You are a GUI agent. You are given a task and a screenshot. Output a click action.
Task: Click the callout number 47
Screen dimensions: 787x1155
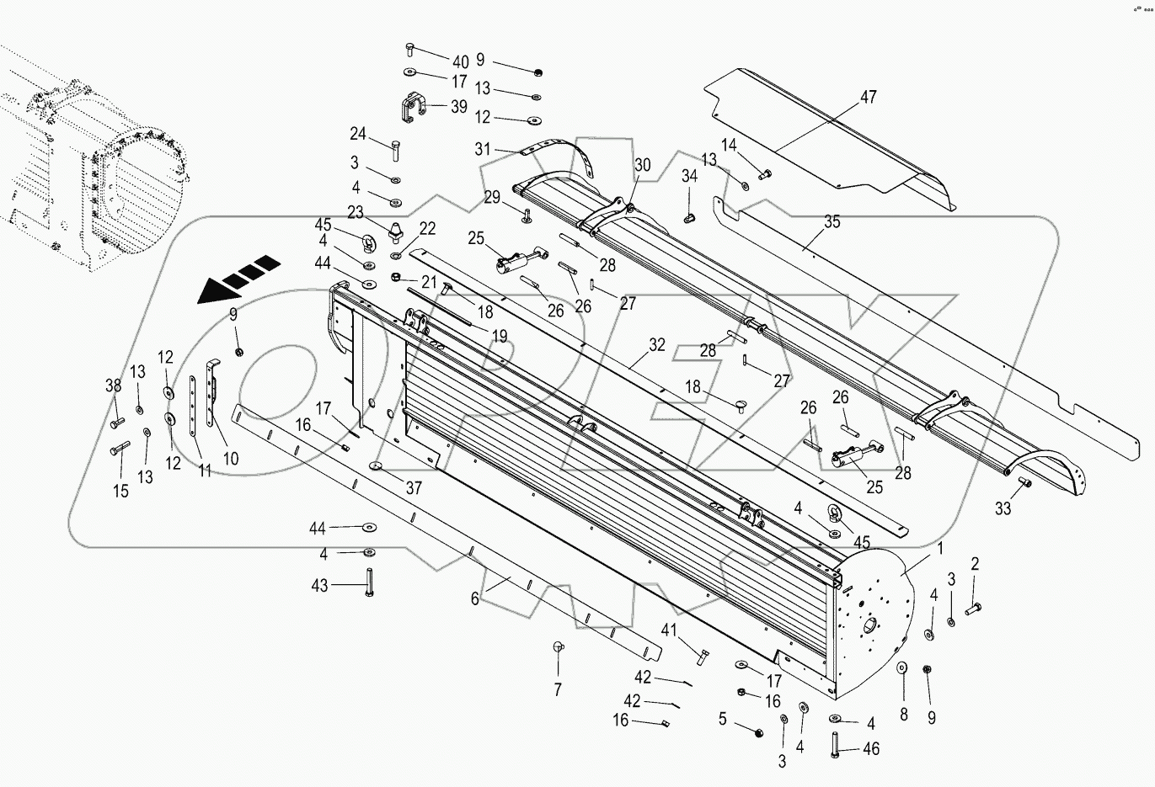click(867, 97)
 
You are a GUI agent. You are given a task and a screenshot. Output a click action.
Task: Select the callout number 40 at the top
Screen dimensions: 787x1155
click(460, 61)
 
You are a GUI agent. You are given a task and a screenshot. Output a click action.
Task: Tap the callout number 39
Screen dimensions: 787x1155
click(458, 106)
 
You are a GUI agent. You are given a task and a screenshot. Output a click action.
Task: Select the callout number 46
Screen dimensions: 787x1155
click(871, 748)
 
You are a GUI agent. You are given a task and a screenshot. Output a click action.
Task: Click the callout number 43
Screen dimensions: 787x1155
click(320, 585)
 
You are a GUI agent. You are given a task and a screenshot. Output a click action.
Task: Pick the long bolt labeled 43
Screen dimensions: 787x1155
click(368, 582)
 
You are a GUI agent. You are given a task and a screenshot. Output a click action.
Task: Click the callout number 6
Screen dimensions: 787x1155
click(475, 598)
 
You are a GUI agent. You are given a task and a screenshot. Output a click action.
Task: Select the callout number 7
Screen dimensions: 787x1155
click(556, 691)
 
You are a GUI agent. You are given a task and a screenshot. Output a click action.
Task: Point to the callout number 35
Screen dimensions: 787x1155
click(831, 222)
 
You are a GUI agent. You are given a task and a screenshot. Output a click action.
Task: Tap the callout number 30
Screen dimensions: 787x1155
click(643, 166)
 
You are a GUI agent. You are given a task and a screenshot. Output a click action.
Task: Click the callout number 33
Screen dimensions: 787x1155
click(1002, 508)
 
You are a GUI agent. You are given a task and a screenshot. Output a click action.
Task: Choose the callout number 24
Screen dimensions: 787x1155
click(359, 134)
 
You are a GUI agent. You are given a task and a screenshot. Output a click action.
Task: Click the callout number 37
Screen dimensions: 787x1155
click(413, 488)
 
